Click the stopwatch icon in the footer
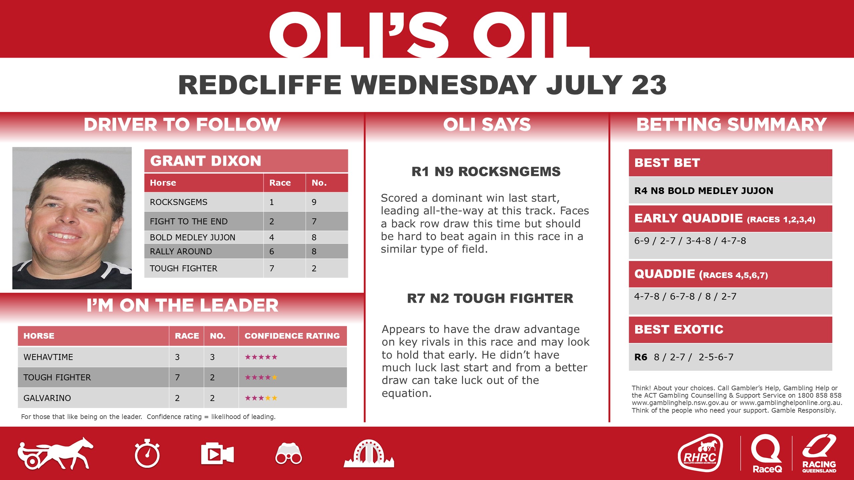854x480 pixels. pyautogui.click(x=147, y=454)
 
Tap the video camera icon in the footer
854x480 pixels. pyautogui.click(x=217, y=454)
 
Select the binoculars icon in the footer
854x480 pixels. pyautogui.click(x=289, y=454)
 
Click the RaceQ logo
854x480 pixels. pyautogui.click(x=767, y=453)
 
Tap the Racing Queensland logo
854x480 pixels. pyautogui.click(x=819, y=453)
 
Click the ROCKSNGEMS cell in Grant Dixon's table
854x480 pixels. pyautogui.click(x=179, y=202)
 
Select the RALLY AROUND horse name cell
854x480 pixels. pyautogui.click(x=181, y=251)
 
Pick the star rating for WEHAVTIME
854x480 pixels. pyautogui.click(x=261, y=357)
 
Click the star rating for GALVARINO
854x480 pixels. pyautogui.click(x=261, y=398)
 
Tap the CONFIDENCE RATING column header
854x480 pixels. pyautogui.click(x=292, y=336)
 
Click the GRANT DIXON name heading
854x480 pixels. pyautogui.click(x=205, y=161)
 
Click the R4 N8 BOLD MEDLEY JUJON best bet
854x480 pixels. pyautogui.click(x=704, y=191)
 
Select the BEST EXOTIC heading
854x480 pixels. pyautogui.click(x=679, y=329)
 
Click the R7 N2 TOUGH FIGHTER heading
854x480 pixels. pyautogui.click(x=490, y=298)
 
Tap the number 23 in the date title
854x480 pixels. pyautogui.click(x=649, y=85)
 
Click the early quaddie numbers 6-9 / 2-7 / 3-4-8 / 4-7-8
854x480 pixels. pyautogui.click(x=690, y=241)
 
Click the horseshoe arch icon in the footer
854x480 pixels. pyautogui.click(x=368, y=454)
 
